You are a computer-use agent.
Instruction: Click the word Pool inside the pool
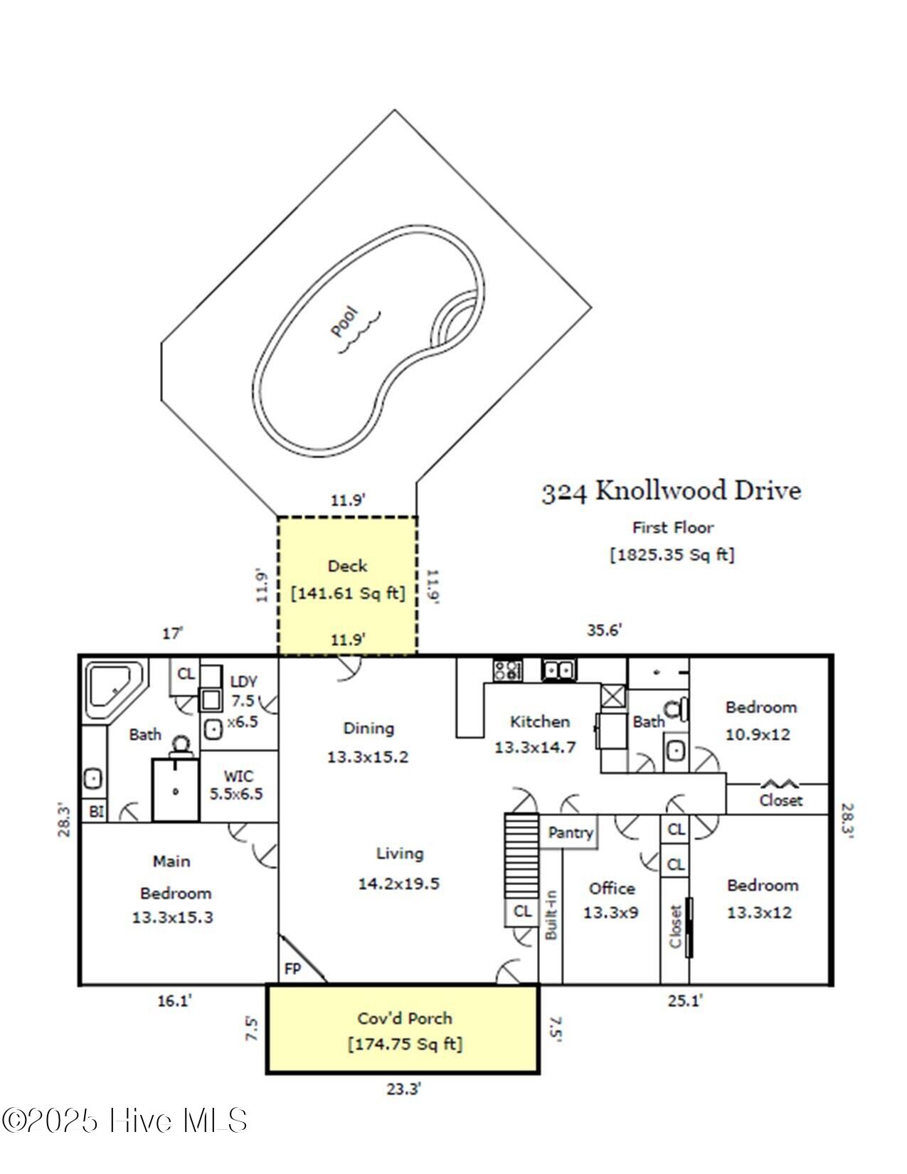point(344,322)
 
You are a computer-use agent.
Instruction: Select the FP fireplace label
point(292,968)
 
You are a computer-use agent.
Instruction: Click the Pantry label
point(571,832)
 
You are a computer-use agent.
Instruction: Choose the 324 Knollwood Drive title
point(671,491)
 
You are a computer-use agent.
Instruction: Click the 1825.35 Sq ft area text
point(672,555)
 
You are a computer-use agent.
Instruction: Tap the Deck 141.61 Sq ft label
point(347,580)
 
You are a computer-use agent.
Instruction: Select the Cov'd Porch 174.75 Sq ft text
point(405,1031)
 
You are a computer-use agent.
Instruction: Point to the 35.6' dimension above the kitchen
point(604,630)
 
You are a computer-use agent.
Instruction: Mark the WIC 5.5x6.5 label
point(237,785)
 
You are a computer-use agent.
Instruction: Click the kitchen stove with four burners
point(507,670)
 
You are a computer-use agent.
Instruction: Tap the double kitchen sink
point(558,670)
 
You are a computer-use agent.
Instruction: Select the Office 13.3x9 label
point(611,900)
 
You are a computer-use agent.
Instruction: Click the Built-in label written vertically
point(551,915)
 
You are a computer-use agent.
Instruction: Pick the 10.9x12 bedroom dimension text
point(758,735)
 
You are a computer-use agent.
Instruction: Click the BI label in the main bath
point(96,811)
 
